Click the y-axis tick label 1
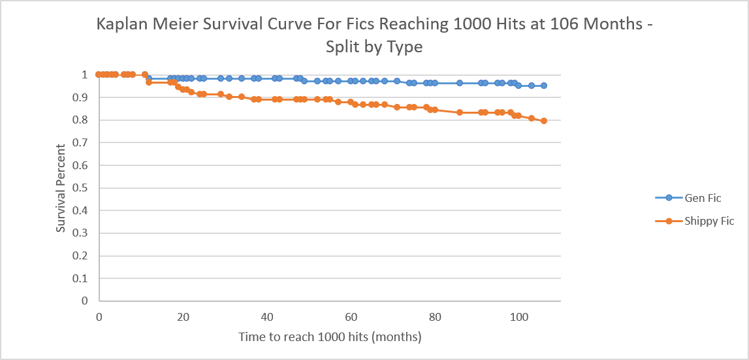(x=84, y=75)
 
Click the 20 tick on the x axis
(x=183, y=316)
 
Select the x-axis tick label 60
(x=351, y=316)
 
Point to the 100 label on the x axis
(x=519, y=316)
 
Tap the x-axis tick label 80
(x=435, y=316)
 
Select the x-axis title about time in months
(x=330, y=337)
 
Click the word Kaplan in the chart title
(x=127, y=25)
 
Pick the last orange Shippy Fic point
(x=544, y=121)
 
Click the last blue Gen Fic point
(x=544, y=86)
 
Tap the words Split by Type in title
(x=374, y=47)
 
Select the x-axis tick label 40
(x=267, y=316)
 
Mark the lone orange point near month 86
(x=460, y=112)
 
